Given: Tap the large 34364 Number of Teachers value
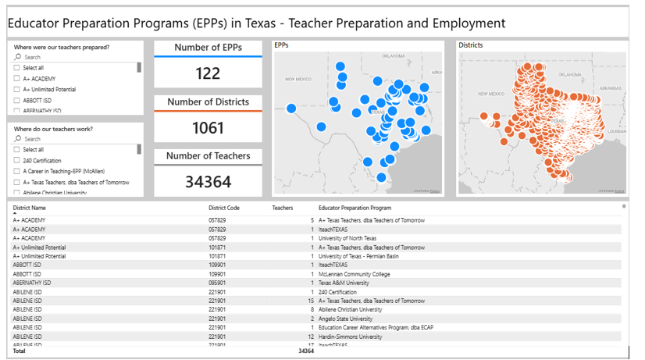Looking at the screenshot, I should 208,182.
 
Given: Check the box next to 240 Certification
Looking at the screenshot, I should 16,160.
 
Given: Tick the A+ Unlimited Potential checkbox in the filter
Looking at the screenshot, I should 16,90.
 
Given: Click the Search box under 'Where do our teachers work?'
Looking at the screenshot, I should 74,139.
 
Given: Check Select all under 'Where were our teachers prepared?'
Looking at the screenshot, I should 16,68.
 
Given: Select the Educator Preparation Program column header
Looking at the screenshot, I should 355,208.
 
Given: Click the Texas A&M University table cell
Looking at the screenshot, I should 345,283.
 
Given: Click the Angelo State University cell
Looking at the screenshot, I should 347,319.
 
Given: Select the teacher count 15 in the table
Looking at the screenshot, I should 310,301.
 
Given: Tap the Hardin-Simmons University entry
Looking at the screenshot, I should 350,337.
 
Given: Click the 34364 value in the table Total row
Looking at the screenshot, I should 305,351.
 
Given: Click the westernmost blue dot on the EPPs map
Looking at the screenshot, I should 291,109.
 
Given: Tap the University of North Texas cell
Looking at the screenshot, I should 347,238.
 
